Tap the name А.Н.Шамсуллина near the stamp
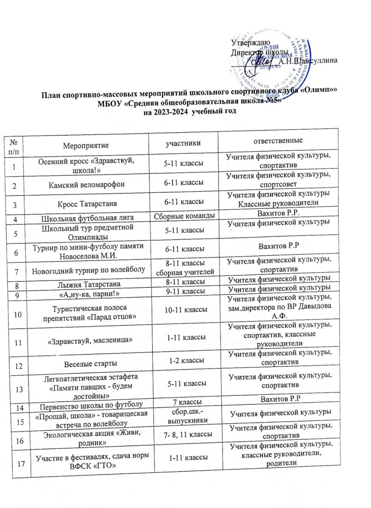(x=308, y=61)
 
